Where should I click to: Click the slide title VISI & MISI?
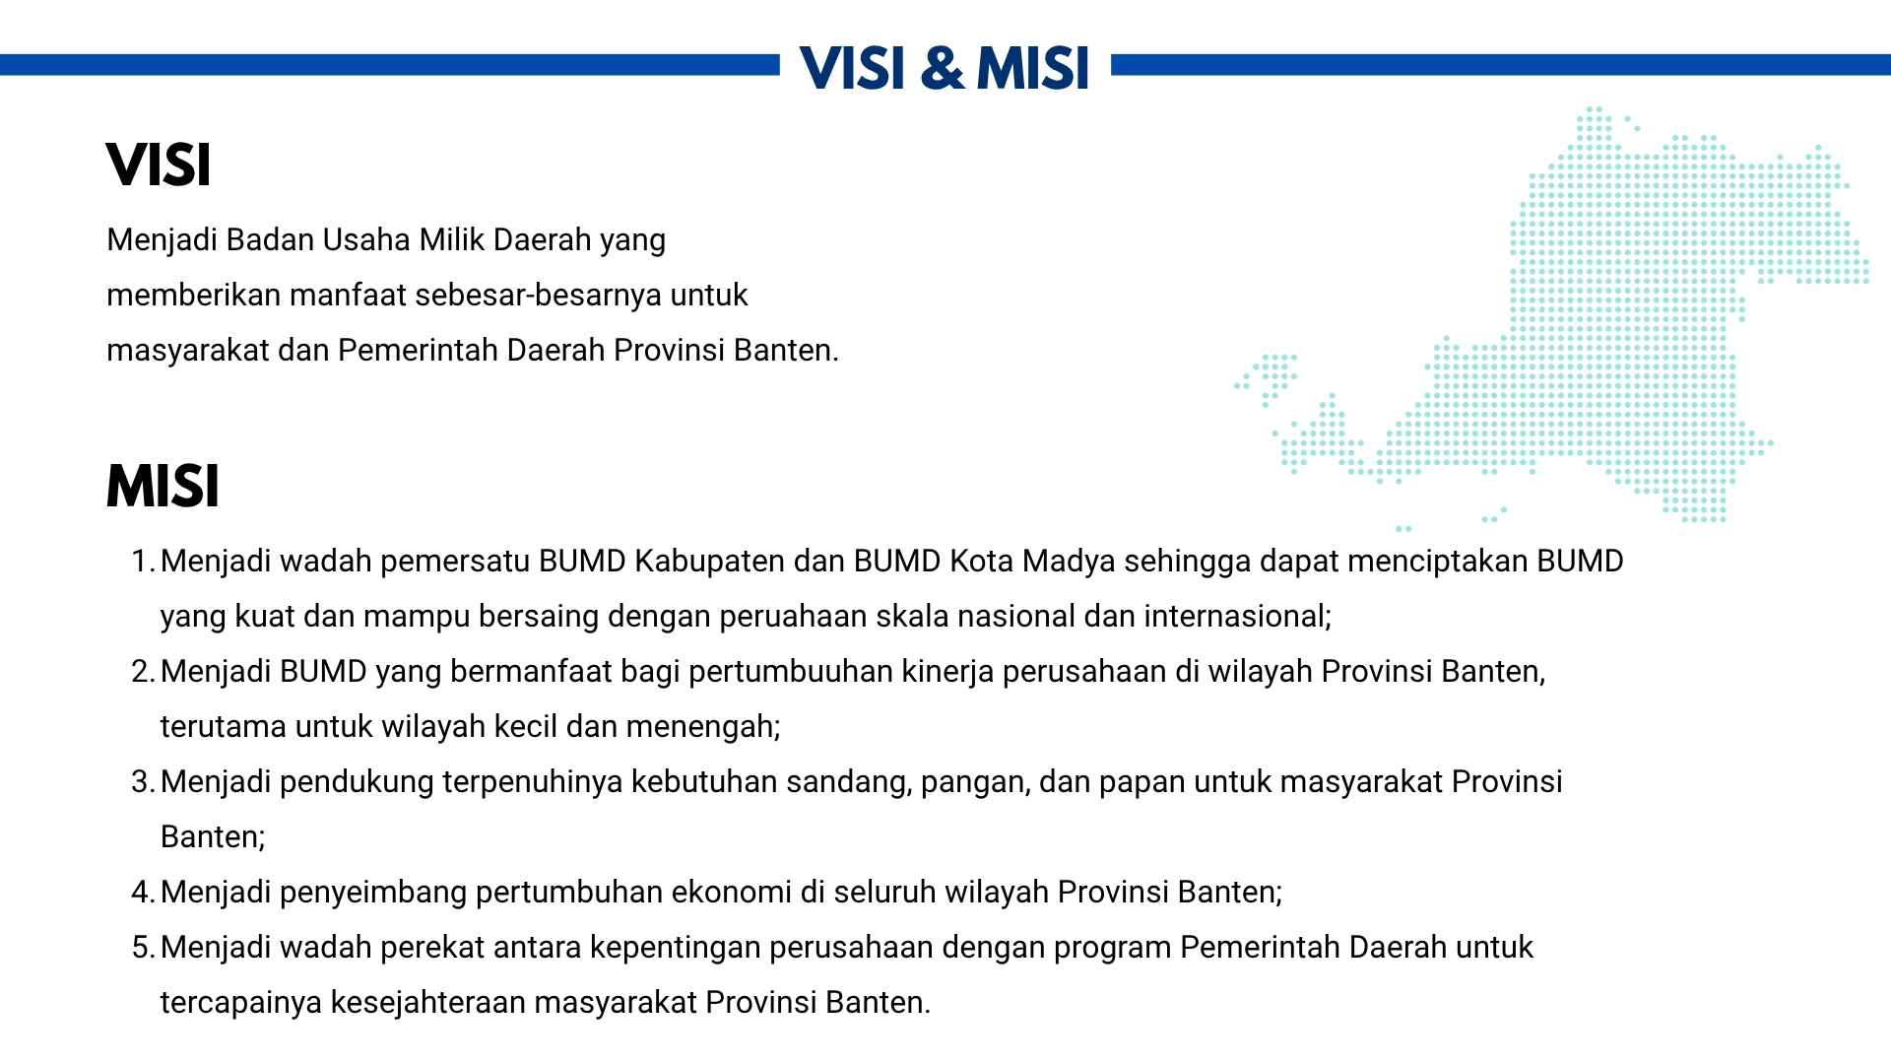[x=945, y=68]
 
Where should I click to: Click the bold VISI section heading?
[x=159, y=166]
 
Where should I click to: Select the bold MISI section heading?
[x=163, y=487]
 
